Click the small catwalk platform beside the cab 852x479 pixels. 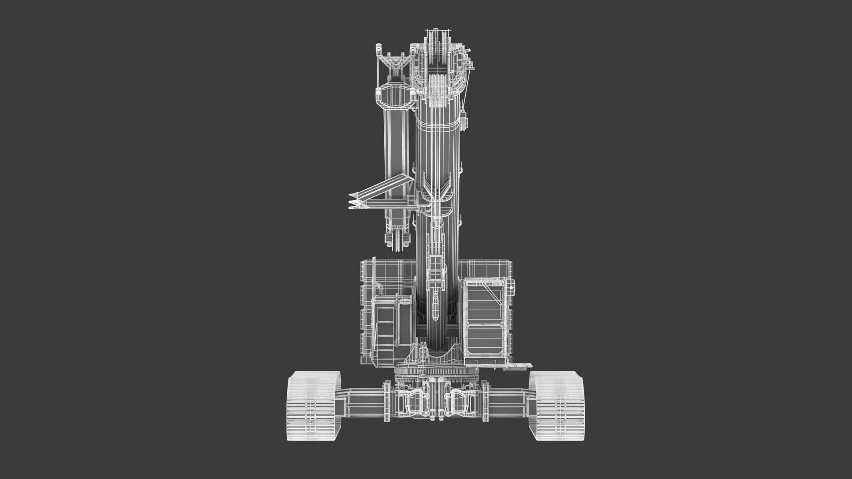(519, 364)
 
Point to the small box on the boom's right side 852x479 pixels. (463, 122)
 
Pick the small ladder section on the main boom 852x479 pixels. (435, 259)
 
